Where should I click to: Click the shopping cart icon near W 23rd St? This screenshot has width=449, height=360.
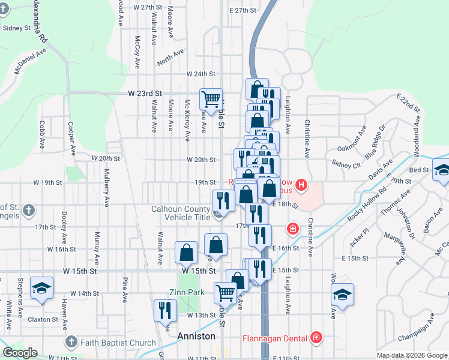click(211, 99)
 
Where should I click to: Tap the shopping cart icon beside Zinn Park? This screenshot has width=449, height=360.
click(225, 293)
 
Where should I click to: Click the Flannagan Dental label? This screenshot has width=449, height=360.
click(276, 338)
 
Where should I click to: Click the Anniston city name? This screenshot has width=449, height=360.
click(196, 336)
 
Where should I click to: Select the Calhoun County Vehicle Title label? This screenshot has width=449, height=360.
click(180, 214)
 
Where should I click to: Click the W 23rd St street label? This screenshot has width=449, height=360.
click(145, 94)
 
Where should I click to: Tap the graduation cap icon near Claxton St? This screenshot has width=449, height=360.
click(41, 289)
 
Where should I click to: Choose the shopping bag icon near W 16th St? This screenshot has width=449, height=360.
click(187, 252)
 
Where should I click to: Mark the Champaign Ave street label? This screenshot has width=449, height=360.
click(420, 328)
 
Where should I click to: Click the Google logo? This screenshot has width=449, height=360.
click(20, 353)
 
